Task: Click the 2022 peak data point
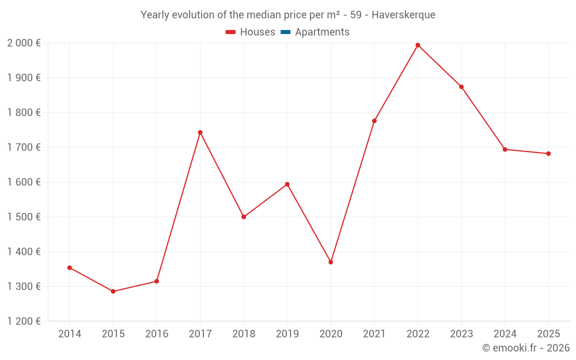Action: click(x=418, y=45)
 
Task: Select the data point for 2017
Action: click(x=200, y=132)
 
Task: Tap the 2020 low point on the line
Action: click(x=331, y=262)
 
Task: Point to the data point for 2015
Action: click(x=113, y=291)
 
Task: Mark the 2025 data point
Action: click(x=548, y=154)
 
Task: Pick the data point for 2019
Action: click(x=287, y=184)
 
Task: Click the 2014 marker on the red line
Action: click(x=69, y=268)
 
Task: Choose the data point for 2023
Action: click(x=461, y=87)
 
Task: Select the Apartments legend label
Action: click(x=322, y=32)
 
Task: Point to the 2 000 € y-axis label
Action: click(x=24, y=43)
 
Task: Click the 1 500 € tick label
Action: click(x=24, y=217)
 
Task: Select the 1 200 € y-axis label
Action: click(x=24, y=321)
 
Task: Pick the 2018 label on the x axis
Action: click(x=244, y=334)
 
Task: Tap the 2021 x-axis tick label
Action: click(x=374, y=334)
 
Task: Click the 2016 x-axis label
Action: click(x=157, y=334)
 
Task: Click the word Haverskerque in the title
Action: click(x=403, y=15)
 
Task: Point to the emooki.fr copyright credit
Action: click(x=526, y=348)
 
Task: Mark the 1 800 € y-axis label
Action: click(x=24, y=113)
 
